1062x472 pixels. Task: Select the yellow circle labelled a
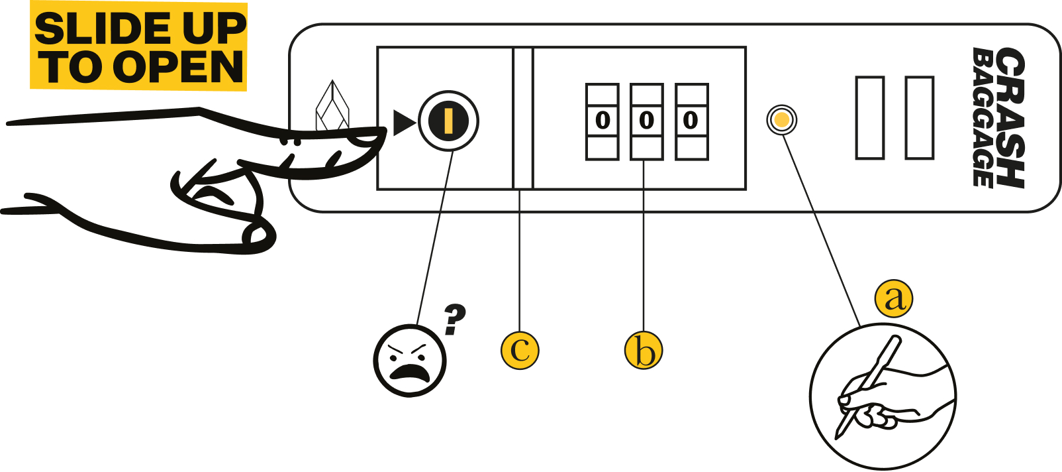[894, 298]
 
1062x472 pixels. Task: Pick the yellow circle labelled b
[644, 350]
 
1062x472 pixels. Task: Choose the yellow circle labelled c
[520, 350]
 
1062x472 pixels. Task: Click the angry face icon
[410, 361]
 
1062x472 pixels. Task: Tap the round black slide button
[448, 121]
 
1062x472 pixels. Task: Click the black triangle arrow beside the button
[403, 123]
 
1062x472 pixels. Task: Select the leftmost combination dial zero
[603, 121]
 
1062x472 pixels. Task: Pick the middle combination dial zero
[646, 121]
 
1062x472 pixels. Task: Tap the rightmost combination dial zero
[691, 121]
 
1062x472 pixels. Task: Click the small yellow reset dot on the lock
[782, 120]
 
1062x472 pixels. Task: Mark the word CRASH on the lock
[1010, 117]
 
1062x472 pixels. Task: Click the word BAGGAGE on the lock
[983, 117]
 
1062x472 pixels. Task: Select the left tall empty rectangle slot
[870, 117]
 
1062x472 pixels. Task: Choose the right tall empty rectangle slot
[920, 117]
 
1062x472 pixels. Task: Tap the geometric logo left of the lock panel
[332, 107]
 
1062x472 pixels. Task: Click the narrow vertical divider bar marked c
[523, 118]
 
